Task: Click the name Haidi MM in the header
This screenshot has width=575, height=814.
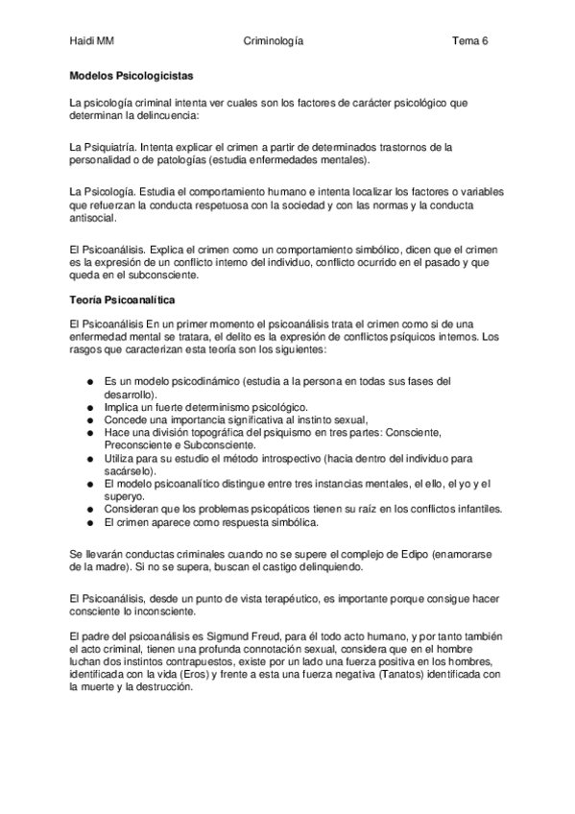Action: tap(93, 41)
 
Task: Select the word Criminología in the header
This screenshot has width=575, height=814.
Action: tap(275, 41)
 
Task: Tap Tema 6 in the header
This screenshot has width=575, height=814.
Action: tap(470, 41)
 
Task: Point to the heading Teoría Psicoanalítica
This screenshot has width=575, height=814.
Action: tap(122, 300)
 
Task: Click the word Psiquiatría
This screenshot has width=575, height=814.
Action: tap(110, 145)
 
